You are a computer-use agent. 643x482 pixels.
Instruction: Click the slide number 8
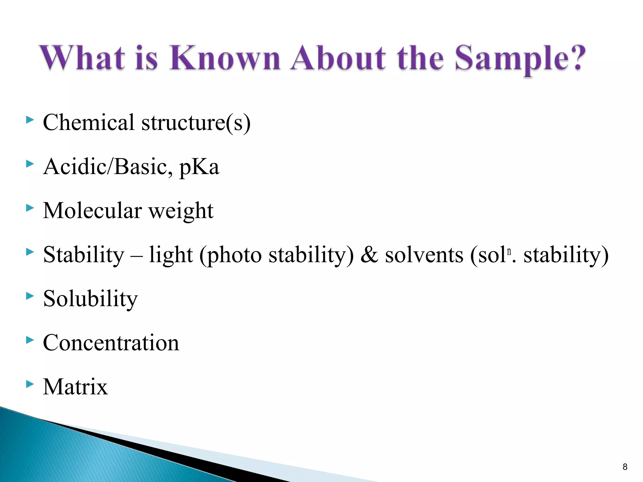point(625,467)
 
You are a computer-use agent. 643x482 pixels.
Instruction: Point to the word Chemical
point(89,122)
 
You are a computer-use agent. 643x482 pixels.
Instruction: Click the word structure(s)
point(196,123)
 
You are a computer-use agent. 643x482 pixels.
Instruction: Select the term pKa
point(199,168)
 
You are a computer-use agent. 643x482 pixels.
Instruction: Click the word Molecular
point(92,211)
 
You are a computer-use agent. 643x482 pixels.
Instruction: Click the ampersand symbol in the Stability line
point(369,255)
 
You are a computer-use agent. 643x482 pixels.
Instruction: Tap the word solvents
point(424,255)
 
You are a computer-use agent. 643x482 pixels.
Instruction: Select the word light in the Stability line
point(171,255)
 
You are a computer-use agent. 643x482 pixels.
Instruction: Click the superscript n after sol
point(509,251)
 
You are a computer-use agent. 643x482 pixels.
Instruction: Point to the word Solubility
point(90,299)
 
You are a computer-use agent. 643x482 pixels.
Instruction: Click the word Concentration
point(111,343)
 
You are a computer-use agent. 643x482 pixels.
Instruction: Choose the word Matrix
point(75,387)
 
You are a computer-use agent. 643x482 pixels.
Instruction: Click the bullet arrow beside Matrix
point(30,384)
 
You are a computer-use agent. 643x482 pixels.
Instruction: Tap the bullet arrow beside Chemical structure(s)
point(30,120)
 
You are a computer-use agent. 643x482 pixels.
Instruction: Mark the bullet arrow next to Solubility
point(30,296)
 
